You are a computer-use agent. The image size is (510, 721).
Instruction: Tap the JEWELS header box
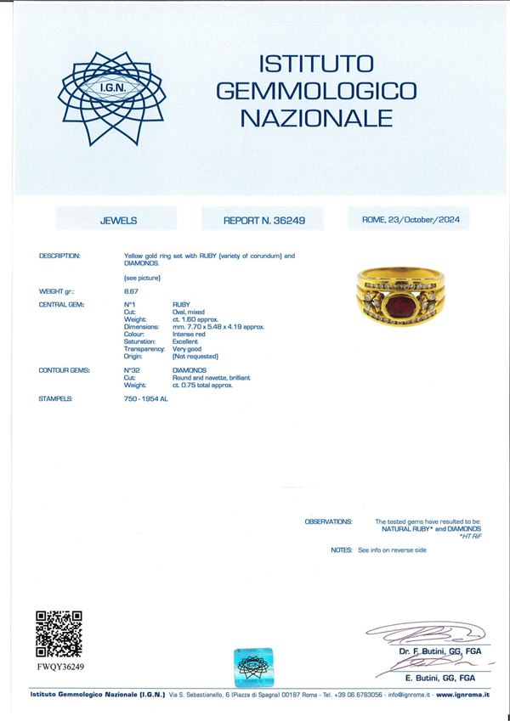117,220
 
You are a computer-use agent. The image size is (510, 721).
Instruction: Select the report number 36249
287,220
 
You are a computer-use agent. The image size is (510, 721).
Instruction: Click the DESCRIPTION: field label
59,255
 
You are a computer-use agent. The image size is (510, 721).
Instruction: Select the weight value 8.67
131,291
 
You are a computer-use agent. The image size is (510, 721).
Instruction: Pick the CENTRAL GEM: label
62,303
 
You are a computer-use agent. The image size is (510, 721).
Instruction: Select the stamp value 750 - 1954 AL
146,398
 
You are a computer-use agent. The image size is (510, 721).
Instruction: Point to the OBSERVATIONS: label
328,521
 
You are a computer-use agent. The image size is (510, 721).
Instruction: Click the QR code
59,634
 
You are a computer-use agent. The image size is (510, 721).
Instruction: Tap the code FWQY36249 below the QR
60,667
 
